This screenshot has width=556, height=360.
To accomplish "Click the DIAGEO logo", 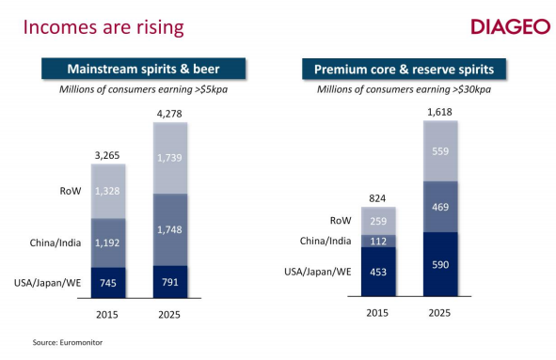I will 510,25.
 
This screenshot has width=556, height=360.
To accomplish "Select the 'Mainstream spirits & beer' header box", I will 142,69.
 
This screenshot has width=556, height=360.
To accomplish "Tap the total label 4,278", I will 169,115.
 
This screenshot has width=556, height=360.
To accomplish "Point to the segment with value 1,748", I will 169,229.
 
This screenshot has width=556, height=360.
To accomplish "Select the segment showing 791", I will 169,279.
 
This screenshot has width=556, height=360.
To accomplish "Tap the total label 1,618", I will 438,113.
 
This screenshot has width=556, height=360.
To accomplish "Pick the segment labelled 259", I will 377,220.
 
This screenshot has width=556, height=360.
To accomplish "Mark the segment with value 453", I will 377,272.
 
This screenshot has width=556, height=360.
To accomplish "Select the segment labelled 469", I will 438,207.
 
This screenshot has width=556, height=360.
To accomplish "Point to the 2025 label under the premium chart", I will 438,312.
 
